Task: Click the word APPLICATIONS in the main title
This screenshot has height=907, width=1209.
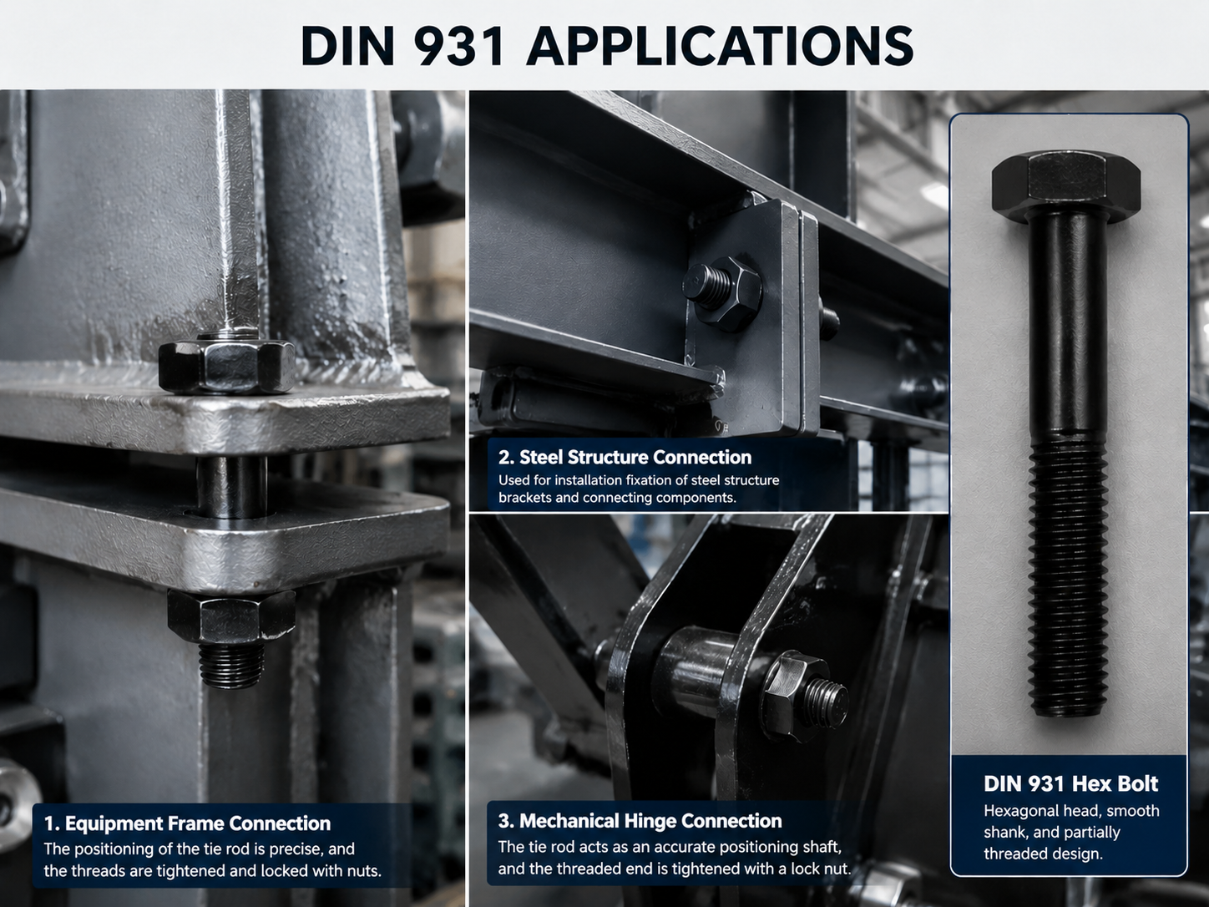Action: coord(720,46)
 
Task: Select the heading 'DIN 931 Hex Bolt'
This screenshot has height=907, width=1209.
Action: coord(1070,783)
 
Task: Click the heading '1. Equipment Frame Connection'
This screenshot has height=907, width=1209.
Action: coord(187,823)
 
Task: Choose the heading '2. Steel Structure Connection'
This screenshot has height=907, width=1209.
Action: coord(625,457)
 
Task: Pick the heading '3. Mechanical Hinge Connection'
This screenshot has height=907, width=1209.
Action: coord(640,820)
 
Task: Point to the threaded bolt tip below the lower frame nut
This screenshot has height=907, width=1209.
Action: coord(230,665)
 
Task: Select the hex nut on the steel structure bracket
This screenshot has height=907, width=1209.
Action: coord(727,296)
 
